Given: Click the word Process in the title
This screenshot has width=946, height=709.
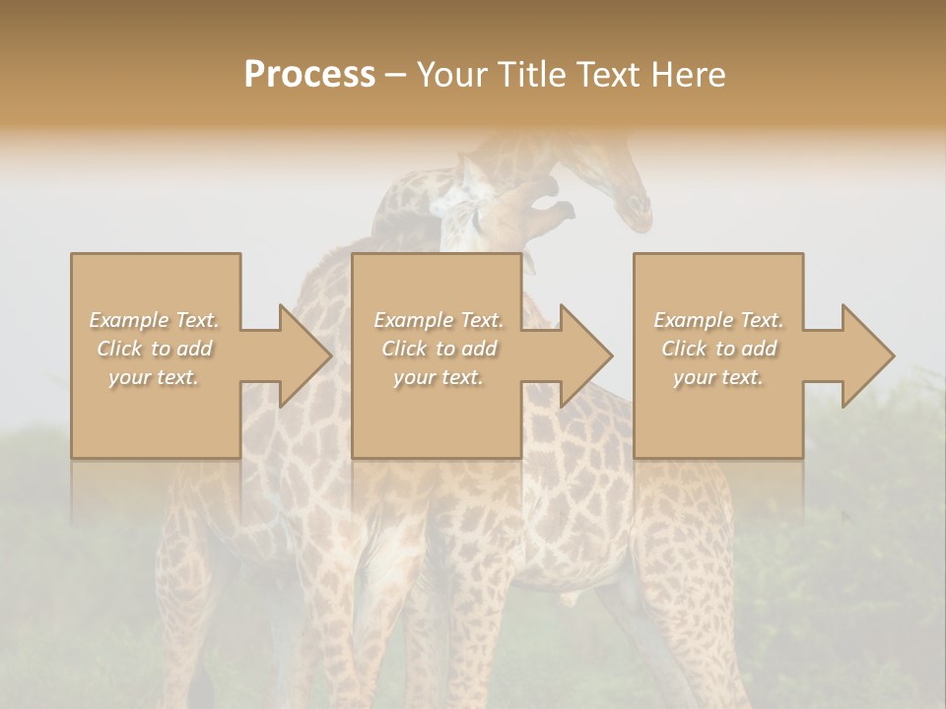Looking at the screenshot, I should (x=309, y=75).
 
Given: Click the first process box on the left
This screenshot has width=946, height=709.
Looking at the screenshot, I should (x=155, y=414).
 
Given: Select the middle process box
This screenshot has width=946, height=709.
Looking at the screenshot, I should (x=437, y=414).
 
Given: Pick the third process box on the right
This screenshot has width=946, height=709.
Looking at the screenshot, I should (x=717, y=414).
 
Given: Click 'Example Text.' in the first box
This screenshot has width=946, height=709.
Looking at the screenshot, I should (x=155, y=320).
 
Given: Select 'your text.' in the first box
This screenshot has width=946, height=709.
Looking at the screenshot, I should (x=155, y=377).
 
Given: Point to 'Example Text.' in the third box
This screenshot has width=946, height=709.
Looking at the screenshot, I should (x=718, y=320).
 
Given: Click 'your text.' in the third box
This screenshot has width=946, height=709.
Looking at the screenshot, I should (x=718, y=377).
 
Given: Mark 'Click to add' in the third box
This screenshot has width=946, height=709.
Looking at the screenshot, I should (x=718, y=349).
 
